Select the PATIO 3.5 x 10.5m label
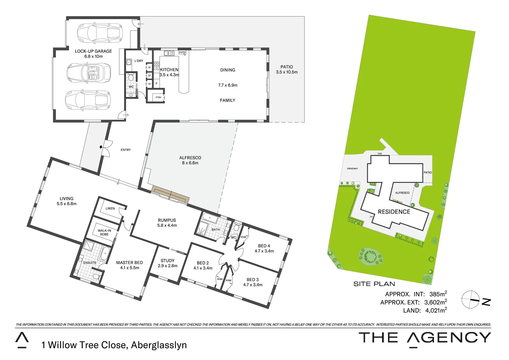click(x=286, y=69)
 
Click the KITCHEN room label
click(x=169, y=70)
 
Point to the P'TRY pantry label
click(x=159, y=97)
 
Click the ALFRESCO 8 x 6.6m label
click(x=190, y=160)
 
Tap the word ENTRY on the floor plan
click(x=126, y=150)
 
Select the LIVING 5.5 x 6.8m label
click(x=67, y=201)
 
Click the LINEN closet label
click(x=110, y=208)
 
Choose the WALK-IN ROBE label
click(x=104, y=232)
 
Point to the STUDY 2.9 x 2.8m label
click(x=168, y=263)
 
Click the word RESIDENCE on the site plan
click(x=394, y=212)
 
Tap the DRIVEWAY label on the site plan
click(x=352, y=169)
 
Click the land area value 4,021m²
click(x=436, y=310)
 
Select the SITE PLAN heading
click(x=374, y=284)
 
